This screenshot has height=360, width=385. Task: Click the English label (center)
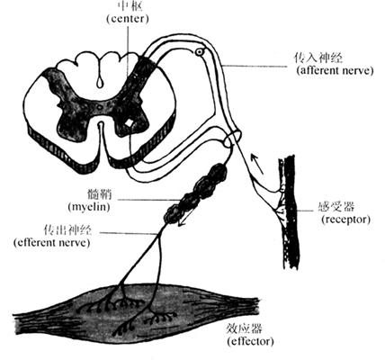click(128, 19)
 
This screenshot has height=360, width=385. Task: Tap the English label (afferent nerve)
click(335, 71)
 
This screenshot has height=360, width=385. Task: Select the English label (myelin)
click(89, 207)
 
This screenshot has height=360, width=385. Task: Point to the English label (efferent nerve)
click(51, 242)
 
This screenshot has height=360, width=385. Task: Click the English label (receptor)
click(345, 220)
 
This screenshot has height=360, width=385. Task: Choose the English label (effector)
click(250, 341)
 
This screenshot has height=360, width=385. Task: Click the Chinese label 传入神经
click(318, 58)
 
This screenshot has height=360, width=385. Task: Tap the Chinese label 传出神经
click(67, 229)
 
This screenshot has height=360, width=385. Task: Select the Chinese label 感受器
click(336, 207)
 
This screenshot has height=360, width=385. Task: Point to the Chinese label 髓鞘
click(100, 194)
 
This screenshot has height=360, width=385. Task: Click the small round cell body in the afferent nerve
click(200, 52)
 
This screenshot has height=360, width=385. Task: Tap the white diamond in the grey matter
click(130, 123)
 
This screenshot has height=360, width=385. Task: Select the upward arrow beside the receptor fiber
click(256, 164)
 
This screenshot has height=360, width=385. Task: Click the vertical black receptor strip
click(291, 211)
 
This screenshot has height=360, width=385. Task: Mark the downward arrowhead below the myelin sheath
click(181, 222)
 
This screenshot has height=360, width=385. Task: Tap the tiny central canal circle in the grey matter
click(100, 106)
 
